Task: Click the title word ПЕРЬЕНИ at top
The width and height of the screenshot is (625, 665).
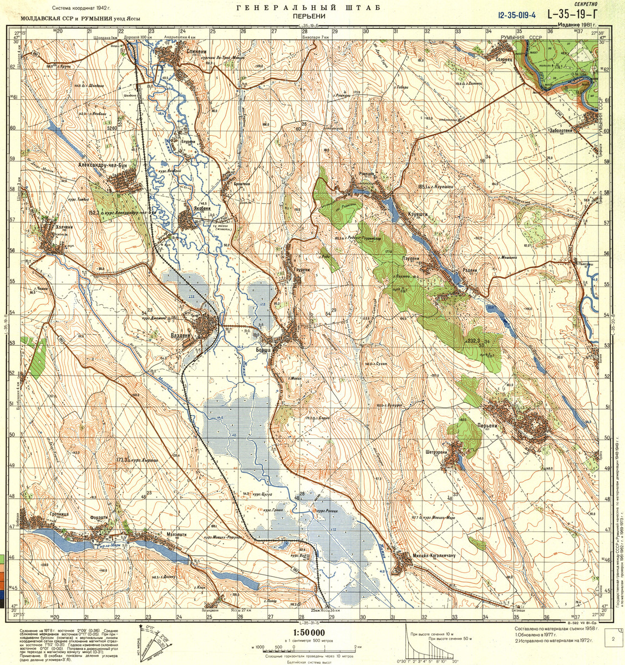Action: pyautogui.click(x=308, y=17)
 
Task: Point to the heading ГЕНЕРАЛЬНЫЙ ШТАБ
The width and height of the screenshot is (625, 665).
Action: pyautogui.click(x=308, y=7)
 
